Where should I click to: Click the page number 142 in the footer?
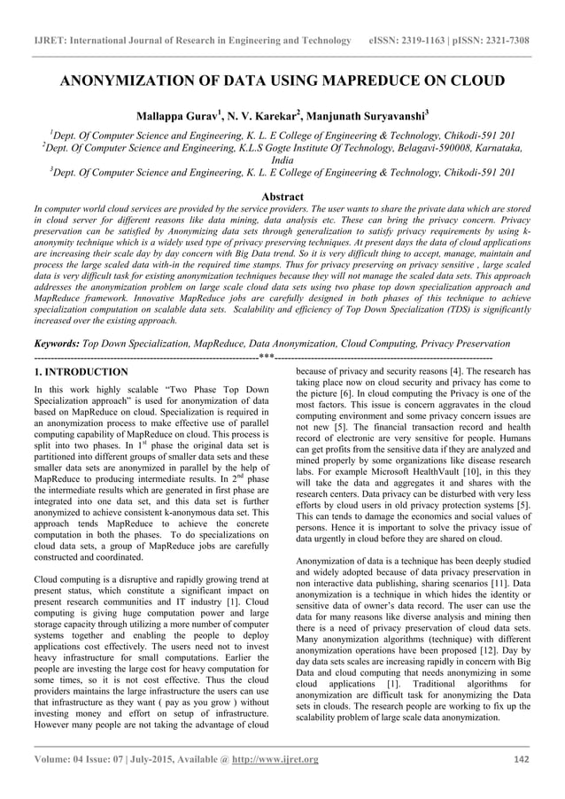pos(522,759)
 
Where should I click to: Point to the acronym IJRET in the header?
pos(46,41)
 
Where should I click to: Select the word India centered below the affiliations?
pos(282,160)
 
